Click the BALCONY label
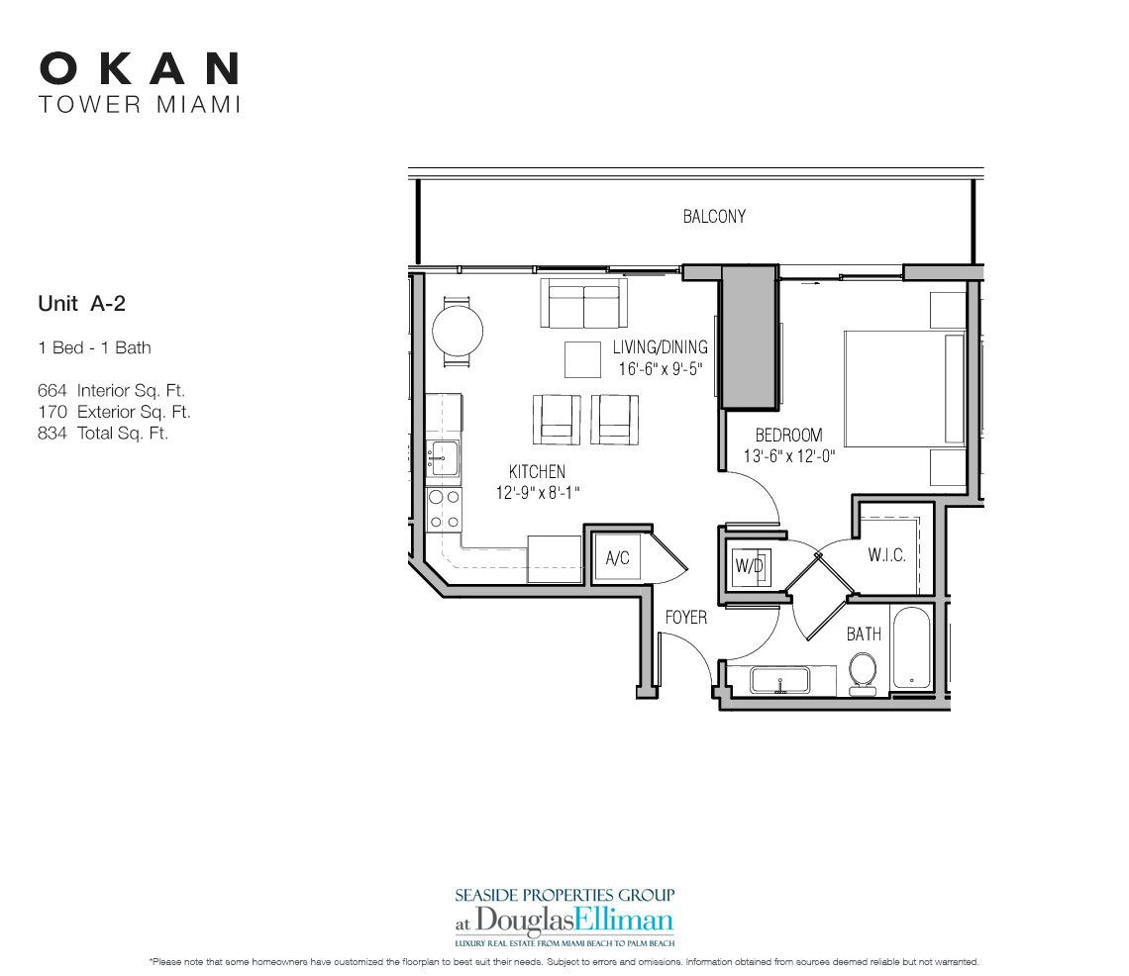coord(714,217)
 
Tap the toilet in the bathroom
coord(864,672)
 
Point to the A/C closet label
coord(617,559)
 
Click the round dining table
coord(457,332)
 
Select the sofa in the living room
coord(583,304)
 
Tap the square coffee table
coord(583,358)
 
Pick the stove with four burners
coord(443,509)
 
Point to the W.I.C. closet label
coord(887,555)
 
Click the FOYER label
coord(685,617)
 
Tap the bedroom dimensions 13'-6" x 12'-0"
coord(790,457)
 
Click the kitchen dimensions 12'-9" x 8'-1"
coord(538,492)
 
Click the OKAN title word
coord(139,68)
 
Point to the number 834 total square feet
coord(51,433)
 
